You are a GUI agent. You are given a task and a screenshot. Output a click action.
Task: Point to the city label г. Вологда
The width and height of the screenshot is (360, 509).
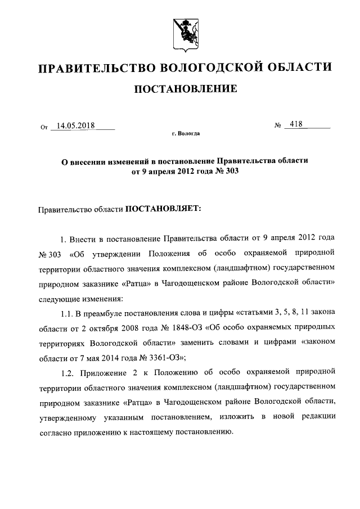(185, 134)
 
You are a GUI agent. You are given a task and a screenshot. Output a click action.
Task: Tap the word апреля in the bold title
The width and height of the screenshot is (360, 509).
(159, 172)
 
